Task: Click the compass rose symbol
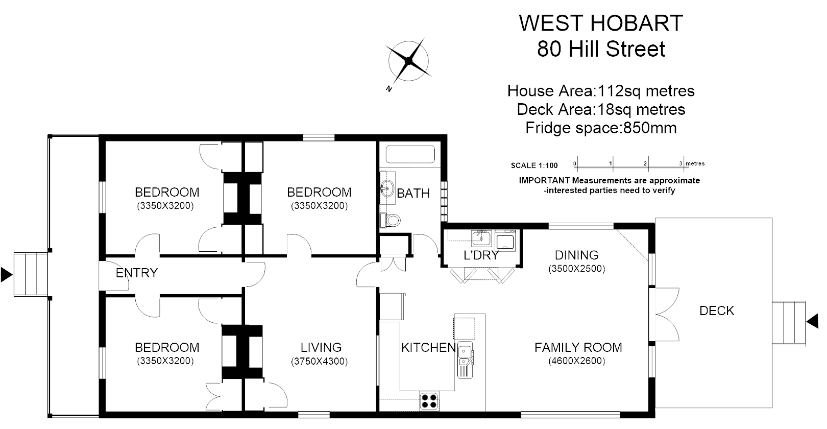pyautogui.click(x=408, y=61)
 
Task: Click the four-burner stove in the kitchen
pyautogui.click(x=429, y=400)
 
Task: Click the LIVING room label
pyautogui.click(x=321, y=348)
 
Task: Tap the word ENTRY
pyautogui.click(x=136, y=273)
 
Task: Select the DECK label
pyautogui.click(x=717, y=311)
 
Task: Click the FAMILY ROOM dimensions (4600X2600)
pyautogui.click(x=577, y=361)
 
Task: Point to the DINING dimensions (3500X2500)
pyautogui.click(x=577, y=269)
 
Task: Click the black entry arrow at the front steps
pyautogui.click(x=6, y=274)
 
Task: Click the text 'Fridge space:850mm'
pyautogui.click(x=601, y=128)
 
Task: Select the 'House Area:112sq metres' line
pyautogui.click(x=601, y=91)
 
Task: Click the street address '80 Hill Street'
pyautogui.click(x=601, y=50)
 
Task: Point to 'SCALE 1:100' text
pyautogui.click(x=534, y=165)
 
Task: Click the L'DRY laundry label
pyautogui.click(x=480, y=255)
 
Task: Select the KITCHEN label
pyautogui.click(x=428, y=348)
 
